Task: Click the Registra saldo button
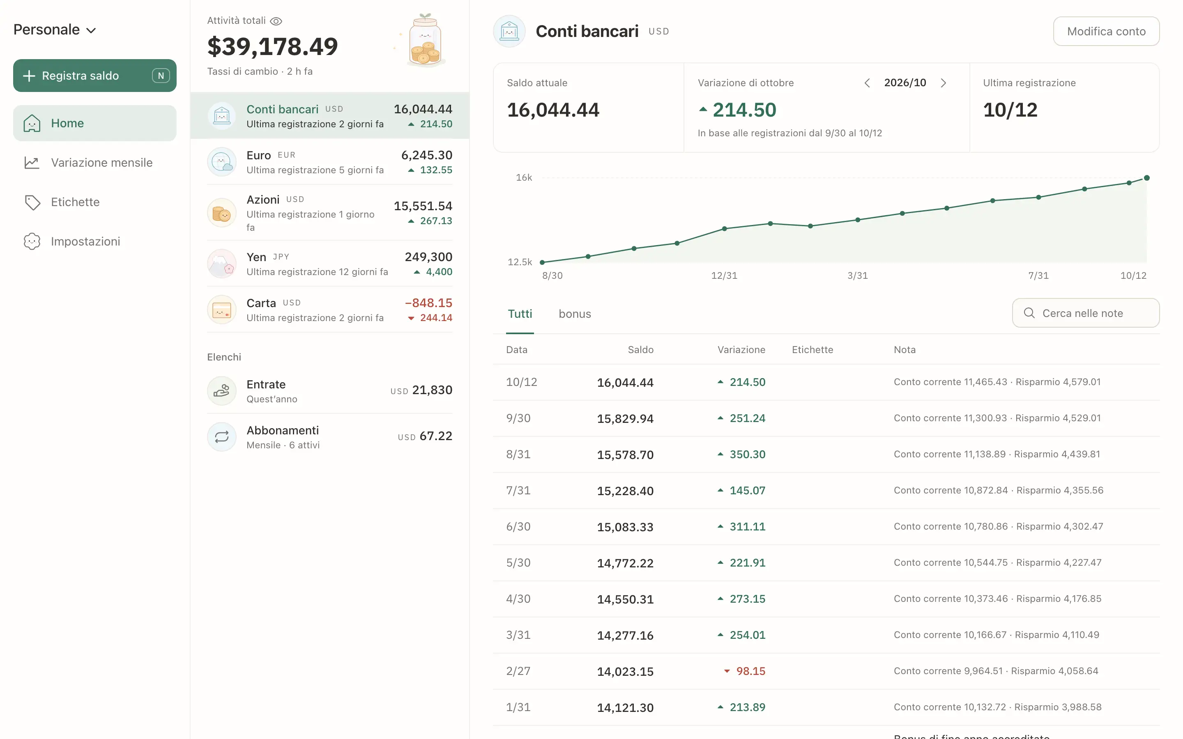[x=94, y=76]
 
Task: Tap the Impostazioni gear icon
[x=32, y=241]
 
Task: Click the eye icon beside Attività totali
[x=276, y=21]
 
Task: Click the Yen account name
[x=256, y=257]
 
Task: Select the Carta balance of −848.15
[x=428, y=303]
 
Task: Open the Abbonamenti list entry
[x=329, y=437]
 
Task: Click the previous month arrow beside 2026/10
[x=867, y=83]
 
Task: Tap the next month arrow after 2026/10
[x=944, y=83]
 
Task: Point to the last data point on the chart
[x=1146, y=178]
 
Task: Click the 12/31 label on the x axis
[x=724, y=275]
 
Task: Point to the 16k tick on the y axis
[x=524, y=177]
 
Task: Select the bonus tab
[x=575, y=314]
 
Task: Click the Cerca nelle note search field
[x=1086, y=313]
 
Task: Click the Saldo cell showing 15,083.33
[x=625, y=527]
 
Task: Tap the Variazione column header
[x=741, y=350]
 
